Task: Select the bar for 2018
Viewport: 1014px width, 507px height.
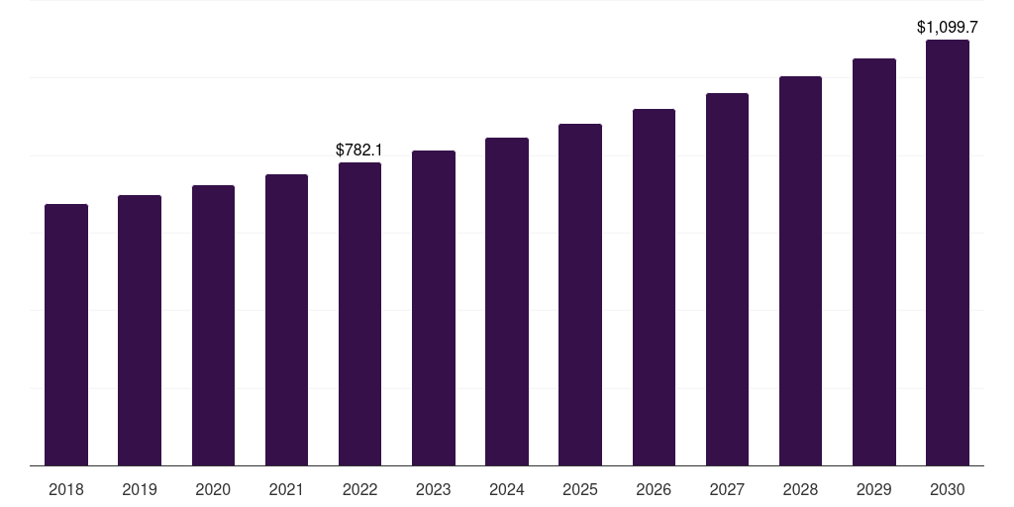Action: [66, 335]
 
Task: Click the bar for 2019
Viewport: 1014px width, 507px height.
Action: [140, 331]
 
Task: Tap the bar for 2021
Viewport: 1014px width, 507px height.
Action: [286, 320]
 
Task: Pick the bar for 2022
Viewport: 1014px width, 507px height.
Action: [359, 314]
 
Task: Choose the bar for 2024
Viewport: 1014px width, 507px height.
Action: [507, 302]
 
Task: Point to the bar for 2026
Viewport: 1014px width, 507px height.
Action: [654, 288]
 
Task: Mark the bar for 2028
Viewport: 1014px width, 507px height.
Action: [800, 271]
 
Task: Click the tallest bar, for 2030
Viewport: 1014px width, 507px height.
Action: [948, 253]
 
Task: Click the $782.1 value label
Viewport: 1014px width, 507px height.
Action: [358, 151]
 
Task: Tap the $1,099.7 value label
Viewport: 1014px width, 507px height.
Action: [948, 27]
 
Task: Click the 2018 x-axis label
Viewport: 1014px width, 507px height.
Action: [66, 489]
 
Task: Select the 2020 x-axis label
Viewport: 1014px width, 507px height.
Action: [213, 489]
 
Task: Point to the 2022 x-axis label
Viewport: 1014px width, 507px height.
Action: [359, 489]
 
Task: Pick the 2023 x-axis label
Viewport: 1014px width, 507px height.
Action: [434, 489]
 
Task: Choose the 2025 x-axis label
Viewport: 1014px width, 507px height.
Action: [580, 489]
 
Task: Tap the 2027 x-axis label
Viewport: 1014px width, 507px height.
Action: [727, 489]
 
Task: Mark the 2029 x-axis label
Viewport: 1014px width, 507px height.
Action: [873, 489]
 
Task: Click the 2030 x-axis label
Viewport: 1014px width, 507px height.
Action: [948, 489]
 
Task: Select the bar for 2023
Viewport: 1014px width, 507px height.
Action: [434, 309]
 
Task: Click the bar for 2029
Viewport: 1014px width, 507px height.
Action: [874, 262]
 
